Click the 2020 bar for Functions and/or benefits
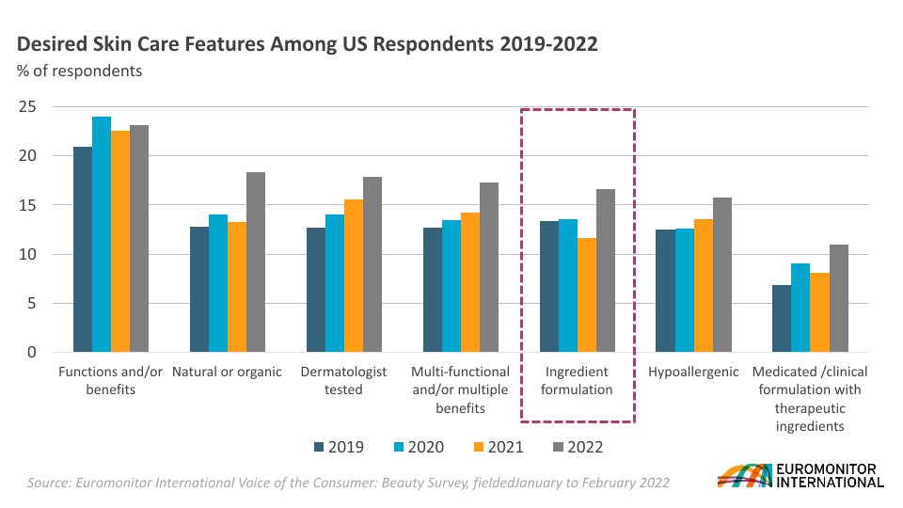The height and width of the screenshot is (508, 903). (102, 234)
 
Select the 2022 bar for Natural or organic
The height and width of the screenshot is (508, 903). (256, 262)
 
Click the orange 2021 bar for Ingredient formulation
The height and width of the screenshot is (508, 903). (586, 295)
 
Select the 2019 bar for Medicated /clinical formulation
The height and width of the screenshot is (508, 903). (782, 319)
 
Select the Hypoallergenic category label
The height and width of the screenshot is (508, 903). (693, 372)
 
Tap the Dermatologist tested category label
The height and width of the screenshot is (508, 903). (343, 380)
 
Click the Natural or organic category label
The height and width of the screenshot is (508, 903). (227, 372)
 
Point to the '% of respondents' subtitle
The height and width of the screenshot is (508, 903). (80, 71)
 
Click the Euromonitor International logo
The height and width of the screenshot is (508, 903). (800, 476)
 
